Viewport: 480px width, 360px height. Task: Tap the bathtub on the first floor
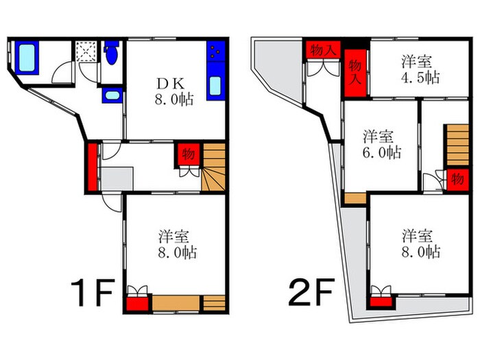click(27, 58)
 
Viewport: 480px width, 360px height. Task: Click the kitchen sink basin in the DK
click(215, 88)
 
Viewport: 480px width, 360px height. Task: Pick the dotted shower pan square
click(87, 51)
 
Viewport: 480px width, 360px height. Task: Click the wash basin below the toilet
click(111, 95)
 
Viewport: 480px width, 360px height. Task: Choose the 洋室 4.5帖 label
click(420, 69)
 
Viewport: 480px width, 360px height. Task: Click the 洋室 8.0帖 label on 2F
click(420, 244)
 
